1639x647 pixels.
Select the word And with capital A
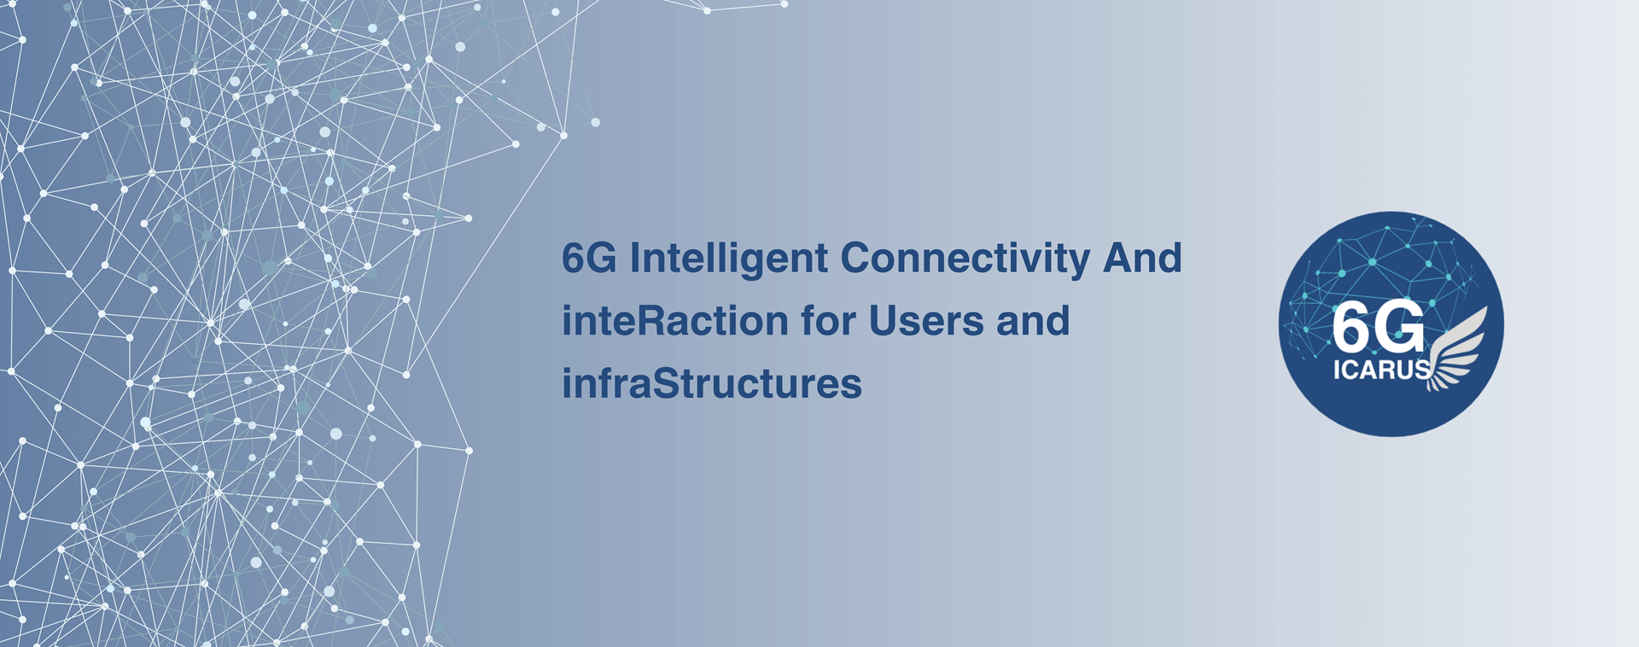[x=1143, y=258]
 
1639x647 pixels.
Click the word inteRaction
[x=675, y=321]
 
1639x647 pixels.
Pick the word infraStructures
[x=712, y=384]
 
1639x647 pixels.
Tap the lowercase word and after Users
[x=1033, y=321]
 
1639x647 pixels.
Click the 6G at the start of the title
[x=589, y=259]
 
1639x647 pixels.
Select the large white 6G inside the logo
[x=1379, y=327]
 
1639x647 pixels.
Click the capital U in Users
[x=884, y=322]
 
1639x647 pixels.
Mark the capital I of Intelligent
[x=634, y=259]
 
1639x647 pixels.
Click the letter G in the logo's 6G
[x=1400, y=327]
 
